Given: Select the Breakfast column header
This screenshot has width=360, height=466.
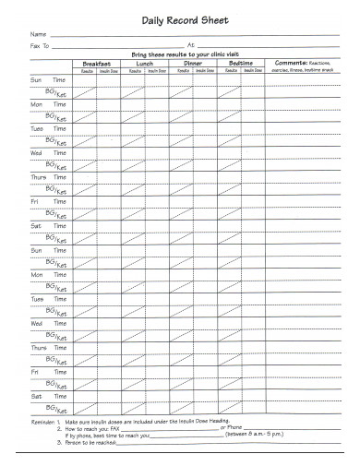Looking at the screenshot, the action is tap(96, 64).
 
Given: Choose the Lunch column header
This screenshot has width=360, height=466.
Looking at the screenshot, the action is tap(145, 64).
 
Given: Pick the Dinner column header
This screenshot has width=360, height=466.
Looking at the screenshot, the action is tap(192, 64).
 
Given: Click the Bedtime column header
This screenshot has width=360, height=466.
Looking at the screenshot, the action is tap(240, 64).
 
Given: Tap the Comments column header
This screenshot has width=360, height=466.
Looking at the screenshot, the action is tap(305, 64).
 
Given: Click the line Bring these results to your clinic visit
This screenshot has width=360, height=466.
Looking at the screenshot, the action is tap(191, 54).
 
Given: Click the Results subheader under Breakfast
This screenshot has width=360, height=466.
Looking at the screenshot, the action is tap(84, 70).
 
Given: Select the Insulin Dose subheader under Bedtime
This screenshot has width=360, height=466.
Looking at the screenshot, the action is tap(252, 70).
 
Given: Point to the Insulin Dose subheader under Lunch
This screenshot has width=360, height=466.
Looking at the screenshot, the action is tap(156, 70).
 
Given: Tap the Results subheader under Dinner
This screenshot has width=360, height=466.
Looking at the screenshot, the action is tap(180, 70).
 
